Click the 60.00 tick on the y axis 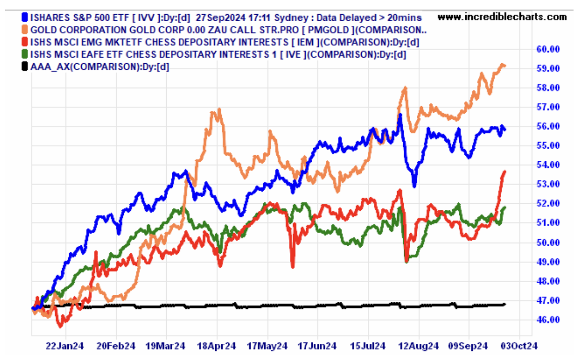coord(548,49)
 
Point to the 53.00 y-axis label coord(548,184)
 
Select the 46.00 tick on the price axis coord(548,320)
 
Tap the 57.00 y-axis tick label coord(548,107)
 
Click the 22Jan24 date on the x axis coord(65,346)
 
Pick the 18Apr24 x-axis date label coord(216,346)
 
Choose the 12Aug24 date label coord(419,346)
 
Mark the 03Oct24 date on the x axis coord(518,346)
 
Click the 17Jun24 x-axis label coord(317,346)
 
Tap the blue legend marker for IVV coord(25,17)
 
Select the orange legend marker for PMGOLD coord(25,29)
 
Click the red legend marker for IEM coord(25,41)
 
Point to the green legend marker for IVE coord(25,54)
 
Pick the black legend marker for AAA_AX coord(25,66)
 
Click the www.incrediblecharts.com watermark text coord(502,17)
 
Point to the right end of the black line coord(505,304)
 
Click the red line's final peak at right coord(505,172)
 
